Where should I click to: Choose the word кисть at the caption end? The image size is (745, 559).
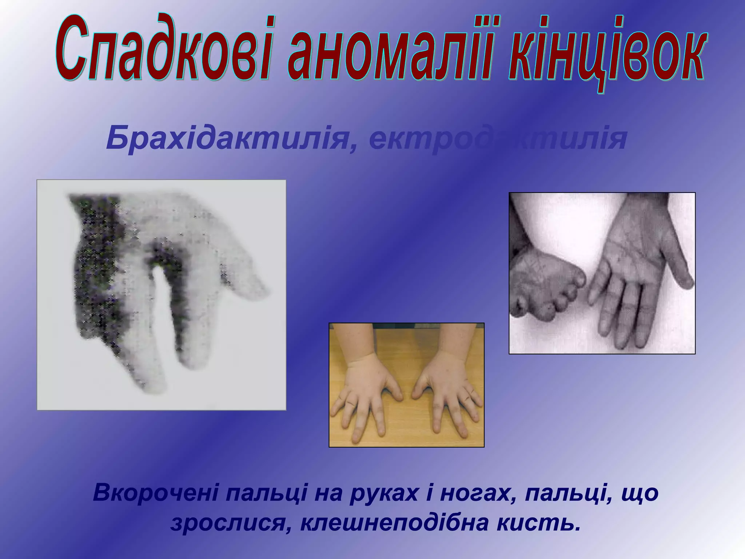coord(538,523)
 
